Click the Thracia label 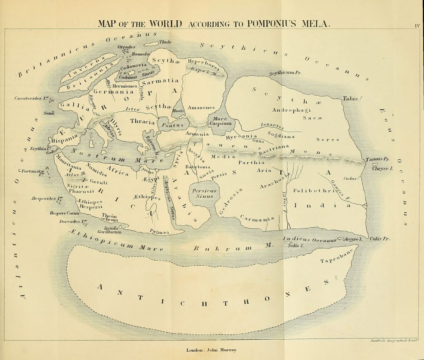(x=142, y=122)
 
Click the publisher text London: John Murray (x=212, y=350)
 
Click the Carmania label (x=257, y=218)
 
